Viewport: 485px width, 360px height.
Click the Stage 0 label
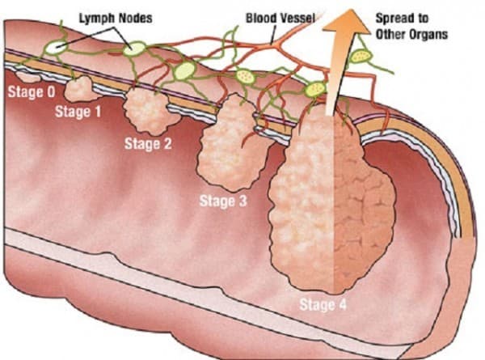(x=31, y=92)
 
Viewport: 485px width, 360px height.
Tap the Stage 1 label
(x=78, y=112)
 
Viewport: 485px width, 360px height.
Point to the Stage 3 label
(x=223, y=200)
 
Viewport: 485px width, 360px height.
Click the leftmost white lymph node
(x=56, y=48)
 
